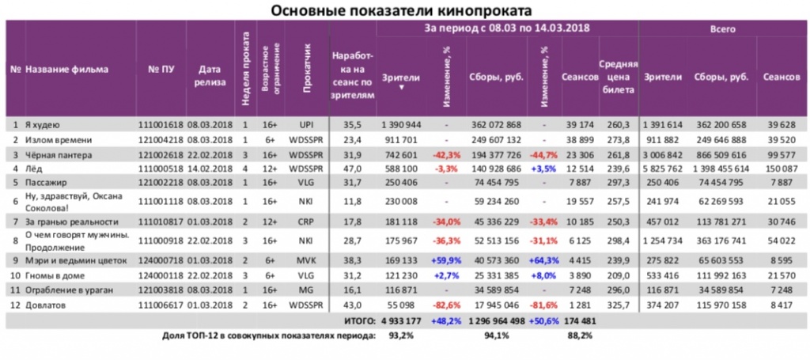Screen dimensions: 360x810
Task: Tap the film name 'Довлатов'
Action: [x=47, y=304]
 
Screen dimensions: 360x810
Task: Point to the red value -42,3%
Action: [x=446, y=154]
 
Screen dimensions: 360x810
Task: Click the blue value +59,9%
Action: [x=446, y=259]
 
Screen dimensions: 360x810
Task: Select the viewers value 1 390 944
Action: [x=401, y=125]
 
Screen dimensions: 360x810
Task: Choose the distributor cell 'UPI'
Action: [x=307, y=125]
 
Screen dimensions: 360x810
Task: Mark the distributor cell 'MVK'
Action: [x=307, y=259]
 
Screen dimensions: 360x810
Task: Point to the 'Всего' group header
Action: [x=723, y=28]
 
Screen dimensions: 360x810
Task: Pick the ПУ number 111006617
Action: [x=161, y=304]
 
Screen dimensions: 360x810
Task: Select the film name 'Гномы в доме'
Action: [x=55, y=274]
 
